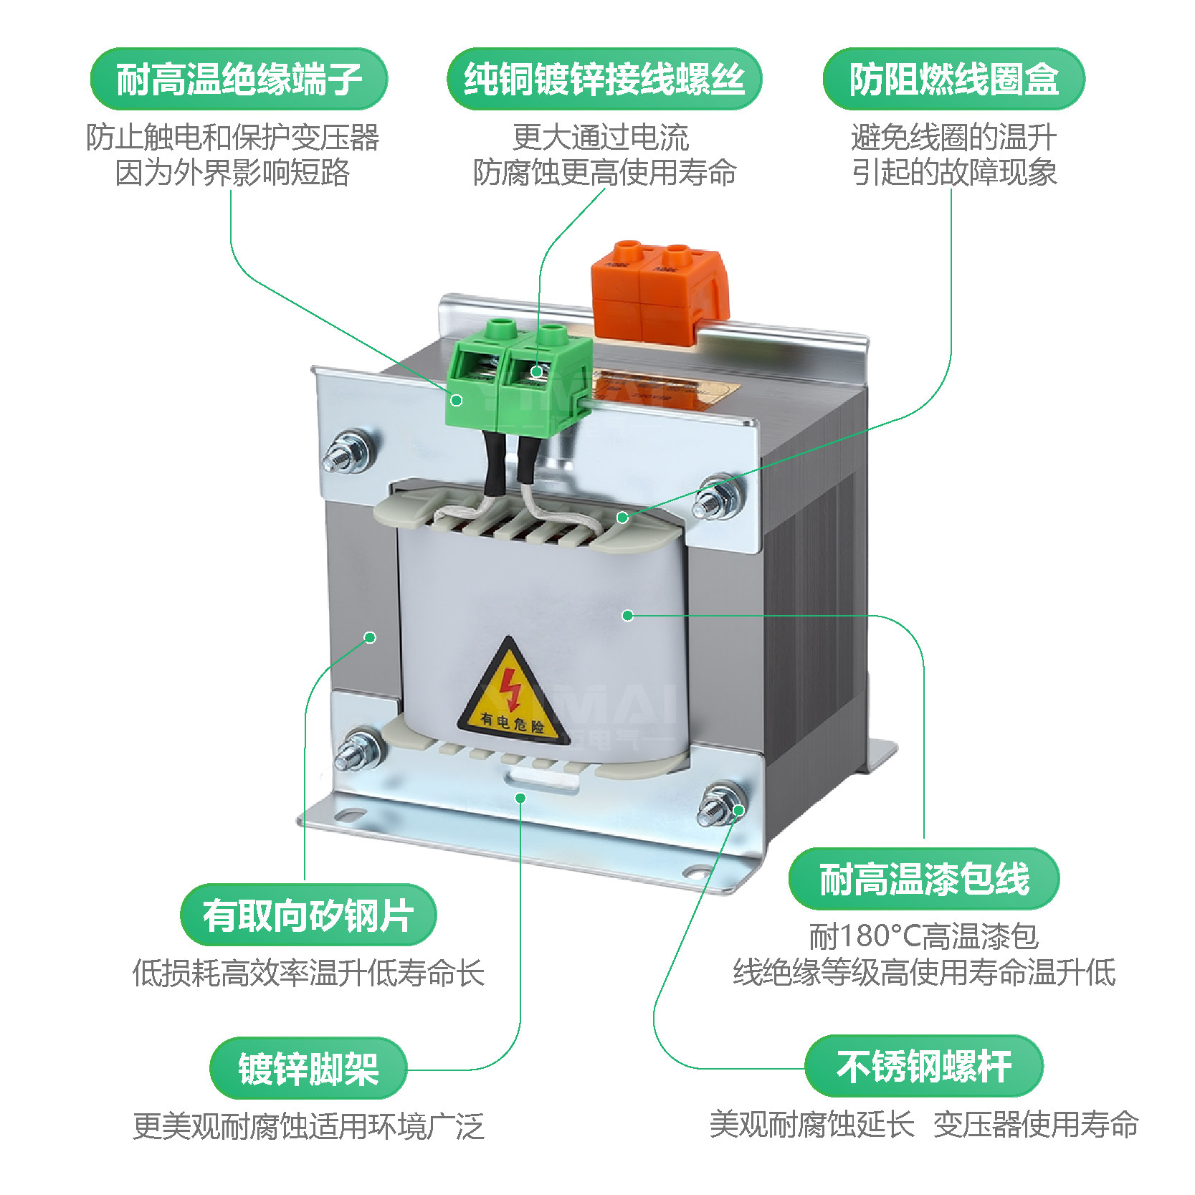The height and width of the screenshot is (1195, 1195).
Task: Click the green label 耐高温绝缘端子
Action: tap(239, 79)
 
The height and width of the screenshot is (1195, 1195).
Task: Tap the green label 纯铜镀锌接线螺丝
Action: tap(604, 79)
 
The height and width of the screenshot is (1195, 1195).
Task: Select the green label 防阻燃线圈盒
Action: tap(953, 79)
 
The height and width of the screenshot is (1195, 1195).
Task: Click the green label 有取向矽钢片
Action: tap(308, 915)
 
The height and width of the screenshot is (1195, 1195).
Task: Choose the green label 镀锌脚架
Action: tap(308, 1068)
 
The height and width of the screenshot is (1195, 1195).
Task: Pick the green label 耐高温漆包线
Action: tap(924, 879)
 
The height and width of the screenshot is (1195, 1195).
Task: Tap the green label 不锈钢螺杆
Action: tap(924, 1066)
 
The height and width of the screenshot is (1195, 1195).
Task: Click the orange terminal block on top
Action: tap(658, 290)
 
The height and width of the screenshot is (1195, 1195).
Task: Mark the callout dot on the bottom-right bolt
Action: tap(738, 810)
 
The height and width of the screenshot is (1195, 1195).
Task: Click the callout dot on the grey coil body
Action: tap(628, 615)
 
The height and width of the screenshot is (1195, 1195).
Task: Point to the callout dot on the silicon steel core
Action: tap(370, 637)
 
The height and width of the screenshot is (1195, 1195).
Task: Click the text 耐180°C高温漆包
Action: tap(924, 936)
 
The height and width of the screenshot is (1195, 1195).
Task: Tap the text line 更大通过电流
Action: tap(601, 137)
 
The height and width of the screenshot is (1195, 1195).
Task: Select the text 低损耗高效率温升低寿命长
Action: tap(308, 973)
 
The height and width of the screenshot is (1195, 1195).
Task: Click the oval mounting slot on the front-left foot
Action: tap(349, 815)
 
